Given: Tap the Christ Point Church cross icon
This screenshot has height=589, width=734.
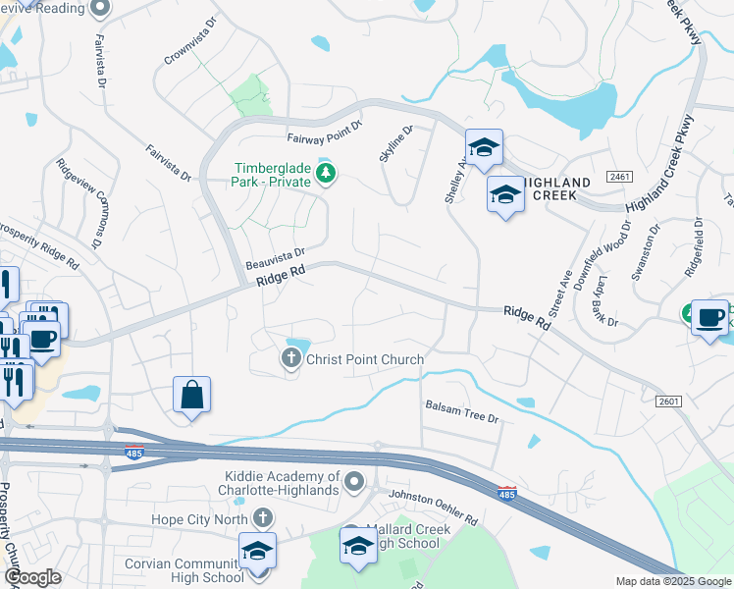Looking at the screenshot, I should point(291,359).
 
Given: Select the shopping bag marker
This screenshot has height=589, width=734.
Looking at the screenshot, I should point(192,396).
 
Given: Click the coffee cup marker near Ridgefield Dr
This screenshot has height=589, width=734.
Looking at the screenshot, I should point(709,318).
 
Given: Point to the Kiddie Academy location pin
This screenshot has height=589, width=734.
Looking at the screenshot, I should point(355,481).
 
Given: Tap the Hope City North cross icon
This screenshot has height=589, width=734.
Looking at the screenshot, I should point(261,517).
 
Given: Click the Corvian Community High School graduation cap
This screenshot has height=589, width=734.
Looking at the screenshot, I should point(257,552).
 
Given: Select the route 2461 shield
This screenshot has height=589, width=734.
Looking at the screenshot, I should point(619,177).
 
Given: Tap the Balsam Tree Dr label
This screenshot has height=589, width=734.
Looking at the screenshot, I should point(462,410).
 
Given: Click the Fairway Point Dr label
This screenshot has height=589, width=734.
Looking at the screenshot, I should point(325,134).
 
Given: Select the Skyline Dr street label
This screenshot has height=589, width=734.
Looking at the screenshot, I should point(395,143).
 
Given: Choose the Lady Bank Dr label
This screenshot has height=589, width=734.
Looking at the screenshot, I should point(602,301).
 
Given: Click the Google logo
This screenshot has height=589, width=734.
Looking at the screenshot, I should point(32,577).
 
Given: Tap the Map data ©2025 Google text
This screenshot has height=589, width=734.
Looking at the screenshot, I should point(673,581).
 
